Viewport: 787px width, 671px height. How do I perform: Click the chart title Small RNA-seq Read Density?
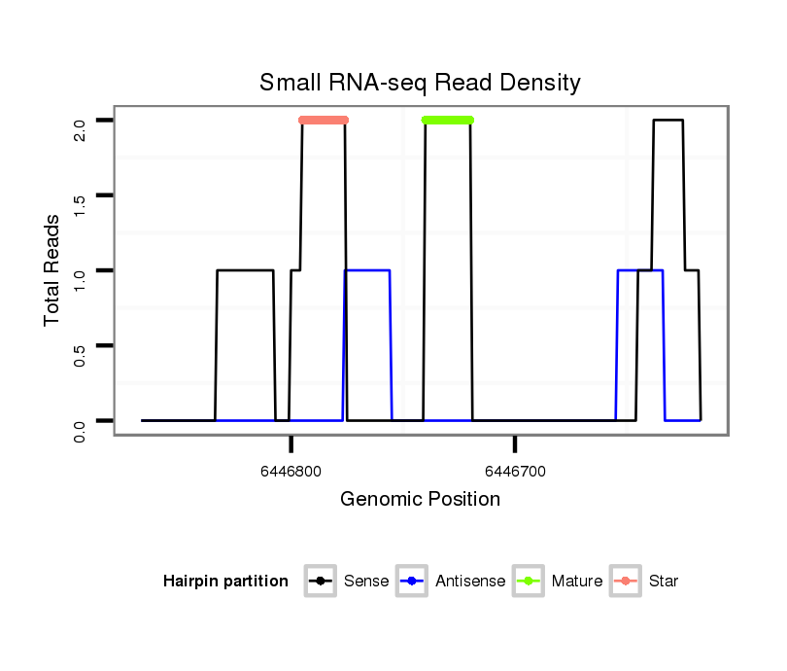click(x=420, y=83)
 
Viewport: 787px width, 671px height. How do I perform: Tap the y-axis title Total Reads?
click(x=53, y=270)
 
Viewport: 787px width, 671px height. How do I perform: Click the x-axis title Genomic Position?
click(x=420, y=500)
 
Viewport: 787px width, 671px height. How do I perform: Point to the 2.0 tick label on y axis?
click(x=81, y=121)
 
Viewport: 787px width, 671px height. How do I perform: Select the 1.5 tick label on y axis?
click(x=81, y=195)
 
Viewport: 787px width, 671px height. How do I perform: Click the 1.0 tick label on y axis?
click(x=81, y=270)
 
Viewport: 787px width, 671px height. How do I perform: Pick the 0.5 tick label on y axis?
click(x=81, y=345)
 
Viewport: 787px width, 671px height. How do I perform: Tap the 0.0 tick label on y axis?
click(x=81, y=420)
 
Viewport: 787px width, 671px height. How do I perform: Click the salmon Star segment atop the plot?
click(x=324, y=121)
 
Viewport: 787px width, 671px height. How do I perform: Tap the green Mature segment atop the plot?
click(x=448, y=121)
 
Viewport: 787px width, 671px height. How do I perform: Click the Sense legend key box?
click(x=320, y=582)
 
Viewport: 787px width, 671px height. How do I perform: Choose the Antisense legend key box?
click(x=413, y=582)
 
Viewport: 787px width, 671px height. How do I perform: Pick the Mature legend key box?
click(x=529, y=582)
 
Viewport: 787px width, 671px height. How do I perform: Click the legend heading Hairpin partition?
click(x=225, y=582)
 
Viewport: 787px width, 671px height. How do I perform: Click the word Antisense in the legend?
click(x=470, y=582)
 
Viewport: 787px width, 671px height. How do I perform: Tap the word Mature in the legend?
click(x=577, y=582)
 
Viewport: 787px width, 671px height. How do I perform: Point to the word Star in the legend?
click(x=664, y=582)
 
